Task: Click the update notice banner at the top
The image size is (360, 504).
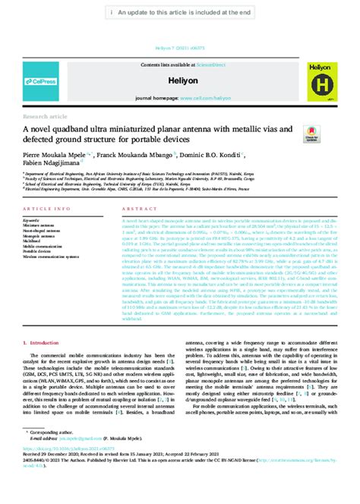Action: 180,13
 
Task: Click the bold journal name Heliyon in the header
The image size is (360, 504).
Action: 181,79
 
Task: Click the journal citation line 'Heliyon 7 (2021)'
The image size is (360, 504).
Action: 180,46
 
